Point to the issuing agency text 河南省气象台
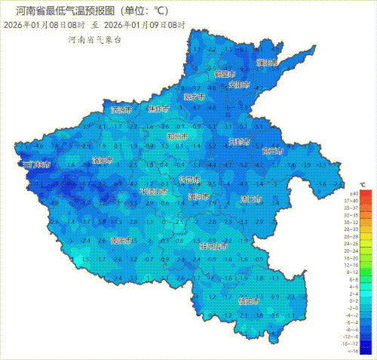click(x=94, y=39)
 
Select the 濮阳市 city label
click(x=267, y=63)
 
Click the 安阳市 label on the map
click(x=239, y=85)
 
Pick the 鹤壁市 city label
click(x=225, y=74)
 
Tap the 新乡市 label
click(x=195, y=97)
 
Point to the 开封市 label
click(x=239, y=142)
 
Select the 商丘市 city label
click(x=272, y=151)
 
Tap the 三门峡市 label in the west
click(x=37, y=164)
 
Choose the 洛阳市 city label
click(x=102, y=160)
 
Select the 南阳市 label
click(x=121, y=241)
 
